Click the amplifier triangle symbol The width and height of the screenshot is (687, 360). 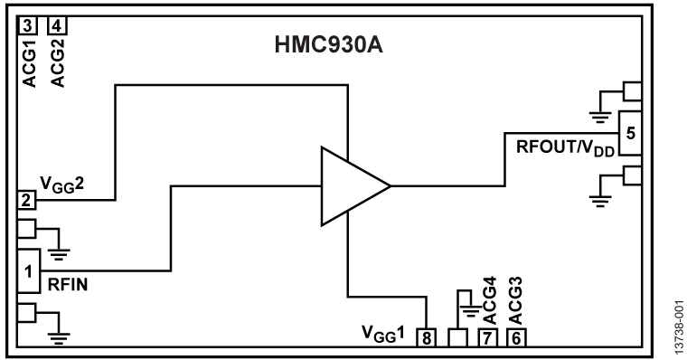[x=351, y=185]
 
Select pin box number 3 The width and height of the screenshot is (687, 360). [x=29, y=24]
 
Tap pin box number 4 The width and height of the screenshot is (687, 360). [x=57, y=24]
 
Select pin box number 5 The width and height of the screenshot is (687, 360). [x=629, y=133]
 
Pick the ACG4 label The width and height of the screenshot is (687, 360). [x=488, y=304]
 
